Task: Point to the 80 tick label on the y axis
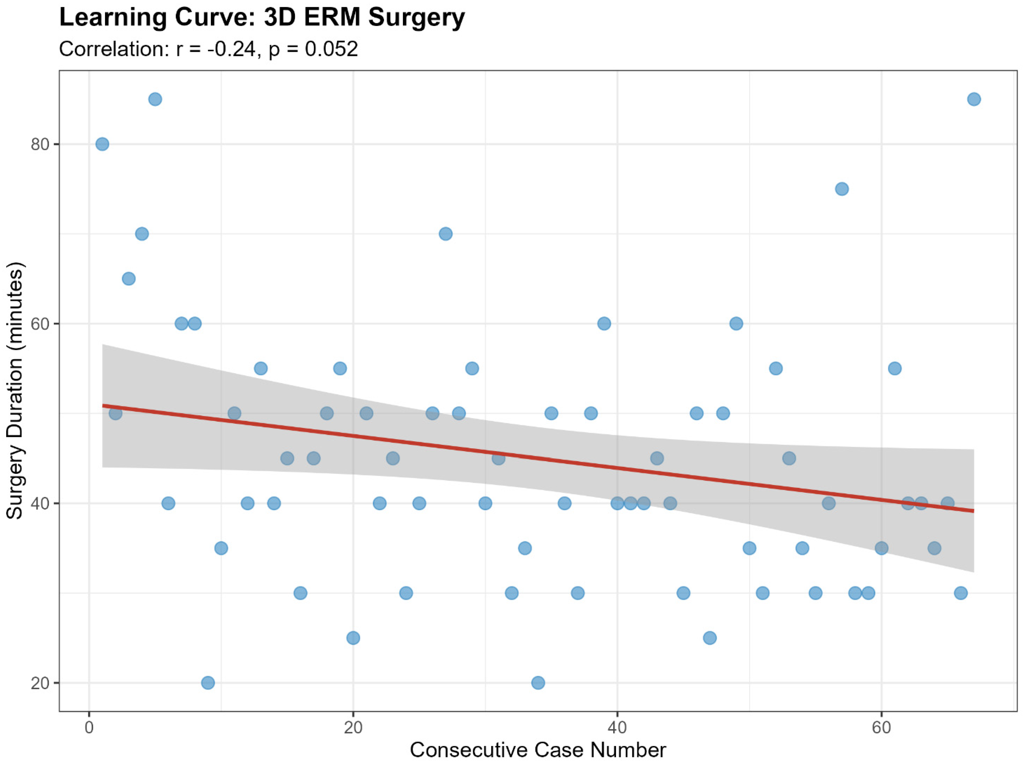tap(40, 144)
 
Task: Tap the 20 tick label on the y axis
tap(40, 683)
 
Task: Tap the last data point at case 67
tap(974, 99)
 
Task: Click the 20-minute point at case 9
tap(208, 683)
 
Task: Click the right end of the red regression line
tap(974, 511)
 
